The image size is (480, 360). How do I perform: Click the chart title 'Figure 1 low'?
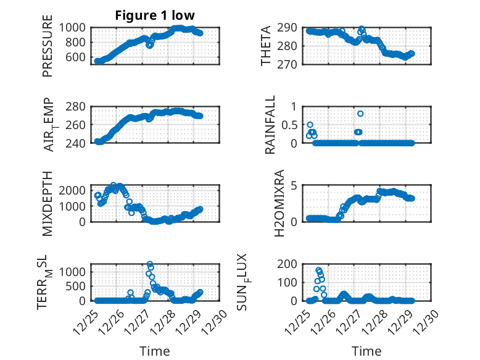click(x=155, y=15)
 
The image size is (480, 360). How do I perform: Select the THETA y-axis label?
click(x=266, y=46)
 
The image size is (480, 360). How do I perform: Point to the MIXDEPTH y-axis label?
click(x=48, y=204)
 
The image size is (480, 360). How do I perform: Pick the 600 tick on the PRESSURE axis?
click(x=78, y=57)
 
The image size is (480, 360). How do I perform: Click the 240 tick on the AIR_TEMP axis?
click(x=78, y=143)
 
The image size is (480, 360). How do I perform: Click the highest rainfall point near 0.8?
click(x=360, y=114)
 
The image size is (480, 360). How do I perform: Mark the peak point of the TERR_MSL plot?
click(x=150, y=264)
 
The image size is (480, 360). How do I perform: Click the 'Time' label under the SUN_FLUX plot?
click(x=366, y=351)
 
